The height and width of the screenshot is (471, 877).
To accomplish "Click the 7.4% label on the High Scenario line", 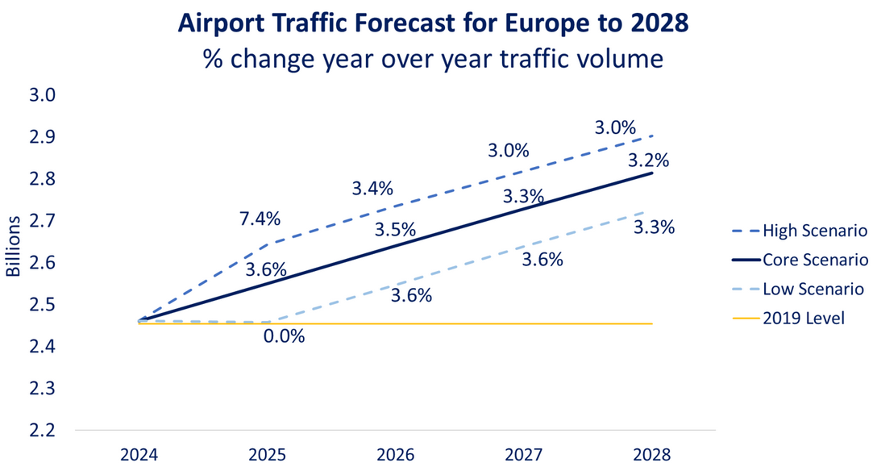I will pyautogui.click(x=260, y=219).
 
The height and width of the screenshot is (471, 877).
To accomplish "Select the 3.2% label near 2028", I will pyautogui.click(x=648, y=160).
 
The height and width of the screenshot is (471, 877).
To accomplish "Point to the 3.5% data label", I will pyautogui.click(x=395, y=230).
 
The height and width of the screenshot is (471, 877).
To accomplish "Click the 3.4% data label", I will pyautogui.click(x=372, y=189).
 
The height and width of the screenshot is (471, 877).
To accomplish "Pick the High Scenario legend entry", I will pyautogui.click(x=814, y=231).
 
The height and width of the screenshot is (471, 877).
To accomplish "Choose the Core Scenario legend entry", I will pyautogui.click(x=814, y=260).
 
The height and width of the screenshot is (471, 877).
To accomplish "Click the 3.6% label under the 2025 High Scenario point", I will pyautogui.click(x=266, y=270).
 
